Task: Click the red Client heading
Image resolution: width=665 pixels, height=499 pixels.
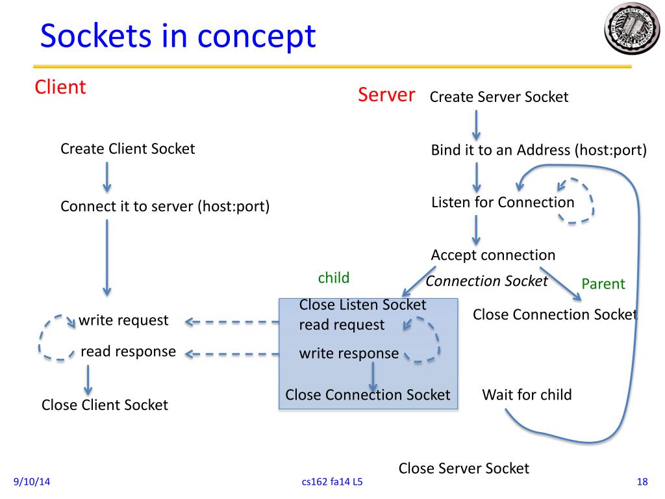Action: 60,87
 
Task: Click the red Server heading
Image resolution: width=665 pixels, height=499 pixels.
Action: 386,94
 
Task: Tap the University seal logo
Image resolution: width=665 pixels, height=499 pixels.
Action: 632,29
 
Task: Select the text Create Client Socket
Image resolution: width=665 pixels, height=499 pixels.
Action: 128,149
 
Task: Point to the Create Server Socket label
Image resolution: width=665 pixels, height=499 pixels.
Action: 499,97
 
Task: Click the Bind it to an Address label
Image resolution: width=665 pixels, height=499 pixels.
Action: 538,150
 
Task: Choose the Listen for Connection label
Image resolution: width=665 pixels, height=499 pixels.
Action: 503,203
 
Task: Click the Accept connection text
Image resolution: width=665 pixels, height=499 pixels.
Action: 494,255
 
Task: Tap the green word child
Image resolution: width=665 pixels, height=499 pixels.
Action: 334,277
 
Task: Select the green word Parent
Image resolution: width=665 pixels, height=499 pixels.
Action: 603,283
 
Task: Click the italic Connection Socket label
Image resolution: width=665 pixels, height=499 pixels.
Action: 486,281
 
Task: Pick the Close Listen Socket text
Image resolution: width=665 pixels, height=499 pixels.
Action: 362,305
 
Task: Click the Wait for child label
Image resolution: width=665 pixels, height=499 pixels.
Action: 527,394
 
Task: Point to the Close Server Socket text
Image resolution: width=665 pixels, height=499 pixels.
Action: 464,468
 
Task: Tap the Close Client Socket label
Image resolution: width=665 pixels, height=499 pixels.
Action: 105,405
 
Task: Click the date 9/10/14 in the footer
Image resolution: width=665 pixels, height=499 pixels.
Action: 32,481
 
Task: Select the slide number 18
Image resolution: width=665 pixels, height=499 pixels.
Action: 642,481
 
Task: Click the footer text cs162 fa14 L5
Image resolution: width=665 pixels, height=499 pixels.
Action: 332,481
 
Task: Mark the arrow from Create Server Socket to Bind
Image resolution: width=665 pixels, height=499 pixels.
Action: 476,125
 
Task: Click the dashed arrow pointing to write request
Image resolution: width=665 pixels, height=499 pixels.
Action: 232,322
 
